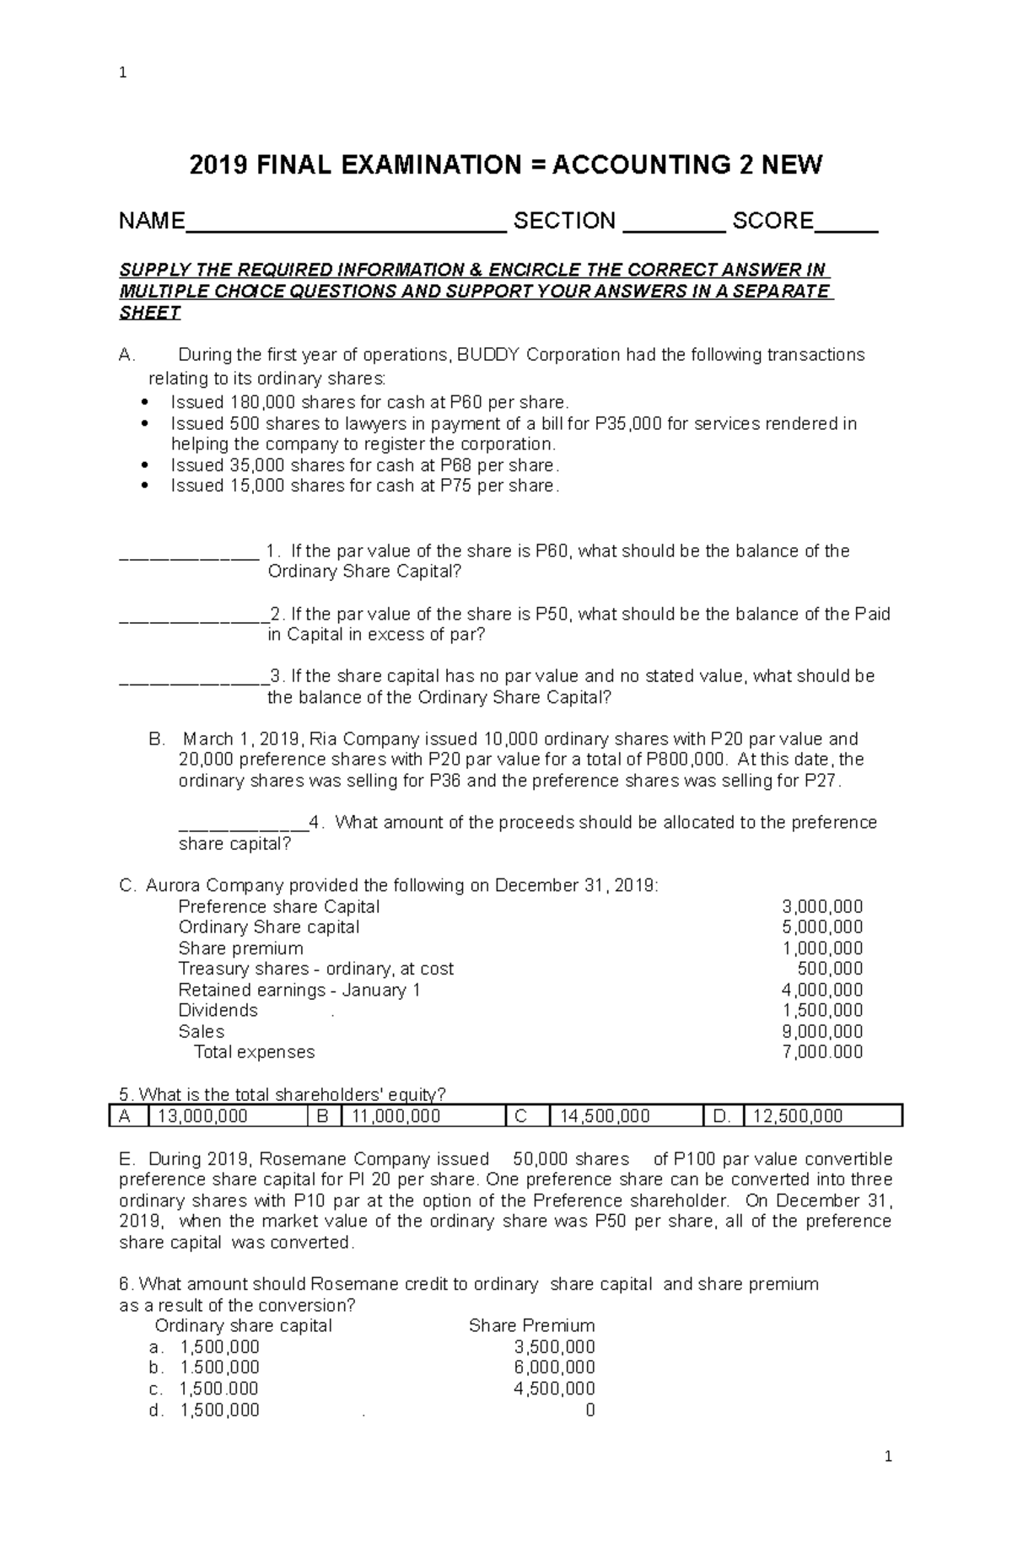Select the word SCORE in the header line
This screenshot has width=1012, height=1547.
click(x=772, y=221)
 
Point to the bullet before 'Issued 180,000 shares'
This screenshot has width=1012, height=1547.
click(x=147, y=403)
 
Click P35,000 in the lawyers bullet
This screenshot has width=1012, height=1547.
click(x=628, y=423)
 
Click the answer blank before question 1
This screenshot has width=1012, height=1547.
click(x=189, y=556)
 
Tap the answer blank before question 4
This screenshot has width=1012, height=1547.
click(x=243, y=828)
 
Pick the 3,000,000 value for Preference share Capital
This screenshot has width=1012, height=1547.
click(x=822, y=907)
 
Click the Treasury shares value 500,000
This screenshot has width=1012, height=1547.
click(x=830, y=969)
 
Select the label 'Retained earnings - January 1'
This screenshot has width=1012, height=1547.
click(x=299, y=990)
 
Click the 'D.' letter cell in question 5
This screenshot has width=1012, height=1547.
click(x=722, y=1116)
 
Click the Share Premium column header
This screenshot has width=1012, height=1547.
click(x=531, y=1326)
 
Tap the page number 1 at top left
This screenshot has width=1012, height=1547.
click(x=123, y=73)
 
